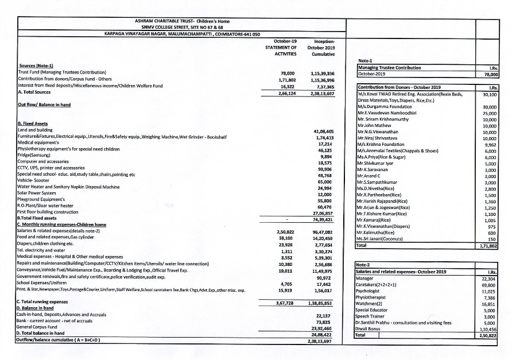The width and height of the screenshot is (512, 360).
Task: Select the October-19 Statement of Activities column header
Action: (285, 48)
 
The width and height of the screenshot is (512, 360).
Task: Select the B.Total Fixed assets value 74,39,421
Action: (324, 219)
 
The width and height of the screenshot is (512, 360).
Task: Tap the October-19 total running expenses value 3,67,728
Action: (285, 301)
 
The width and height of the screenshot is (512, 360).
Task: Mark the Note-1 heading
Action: (366, 61)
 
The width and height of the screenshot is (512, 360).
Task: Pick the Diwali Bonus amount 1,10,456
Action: (487, 329)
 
